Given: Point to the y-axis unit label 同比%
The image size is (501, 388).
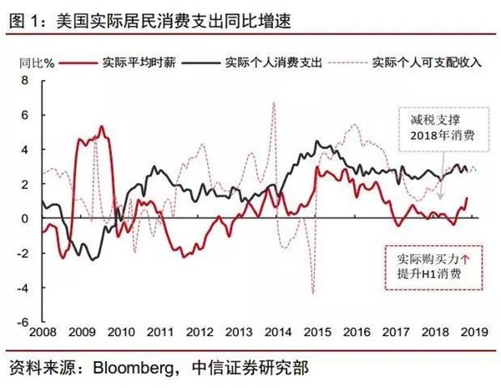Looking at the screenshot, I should point(36,63).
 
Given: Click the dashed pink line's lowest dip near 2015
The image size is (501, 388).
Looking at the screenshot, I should point(312,293).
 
